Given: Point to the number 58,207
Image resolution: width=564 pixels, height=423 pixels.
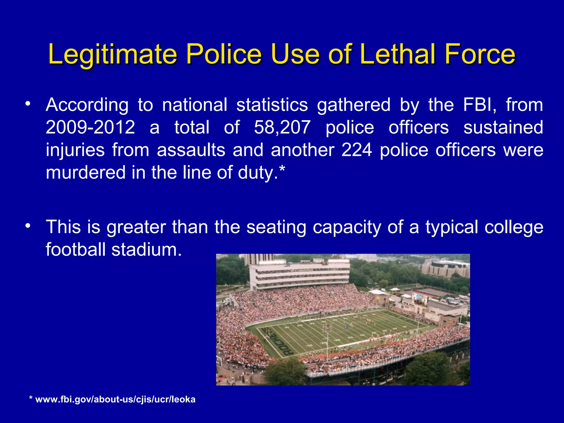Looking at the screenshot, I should coord(282,128).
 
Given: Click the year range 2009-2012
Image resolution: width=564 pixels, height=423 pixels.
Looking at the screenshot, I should coord(90,128).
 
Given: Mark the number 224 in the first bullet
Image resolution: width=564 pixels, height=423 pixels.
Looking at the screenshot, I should coord(357,150).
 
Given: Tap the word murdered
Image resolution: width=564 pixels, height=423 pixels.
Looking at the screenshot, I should coord(85,173).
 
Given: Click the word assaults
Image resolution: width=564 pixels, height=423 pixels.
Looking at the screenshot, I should coord(191,150).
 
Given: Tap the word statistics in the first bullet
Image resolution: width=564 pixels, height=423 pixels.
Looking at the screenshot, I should coord(272,105).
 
